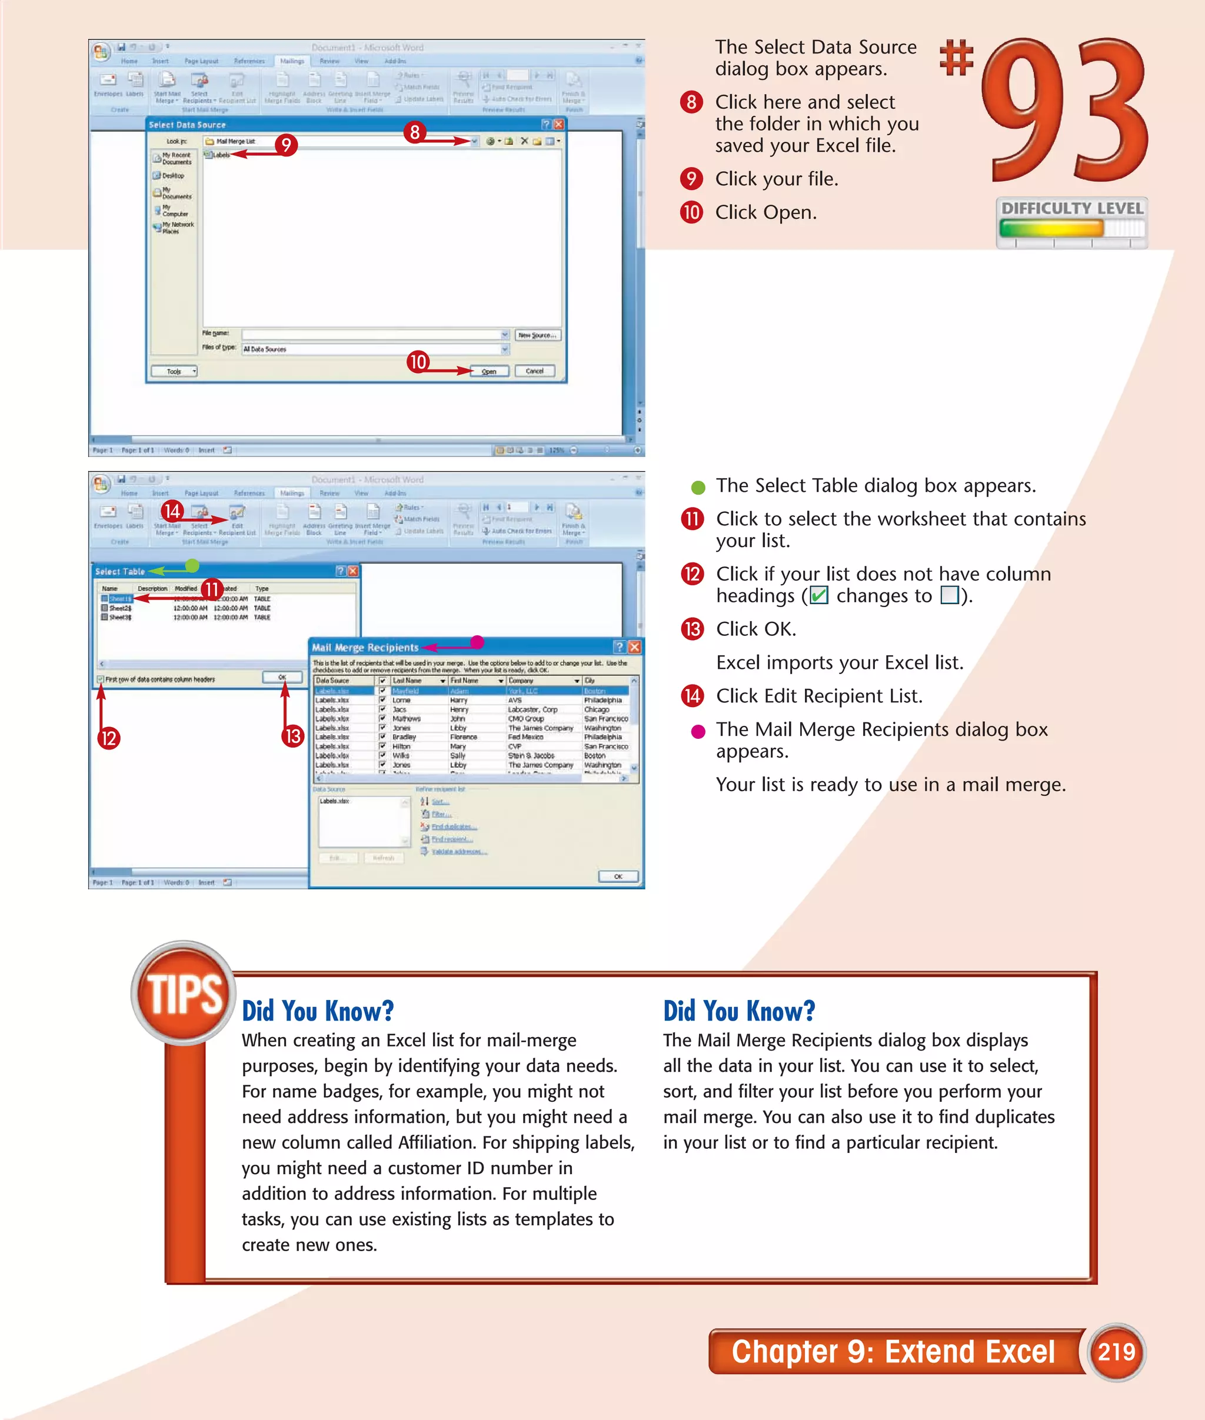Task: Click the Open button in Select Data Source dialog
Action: pos(489,371)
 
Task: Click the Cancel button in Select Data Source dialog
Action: pos(534,371)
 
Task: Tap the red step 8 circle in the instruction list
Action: pos(691,102)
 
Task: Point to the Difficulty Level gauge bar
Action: pos(1071,228)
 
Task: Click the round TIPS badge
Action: pos(183,994)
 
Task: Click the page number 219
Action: pos(1116,1351)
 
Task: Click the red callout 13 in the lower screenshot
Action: pos(293,736)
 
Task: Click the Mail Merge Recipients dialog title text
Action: pos(365,647)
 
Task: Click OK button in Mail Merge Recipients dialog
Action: pos(618,876)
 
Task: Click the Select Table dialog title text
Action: pos(120,571)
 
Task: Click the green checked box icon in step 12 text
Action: pos(818,596)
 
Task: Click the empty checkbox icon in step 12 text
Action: pos(950,596)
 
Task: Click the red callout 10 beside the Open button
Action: pos(417,361)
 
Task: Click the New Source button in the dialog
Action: pos(537,335)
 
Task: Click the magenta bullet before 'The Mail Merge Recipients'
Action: pos(697,732)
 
